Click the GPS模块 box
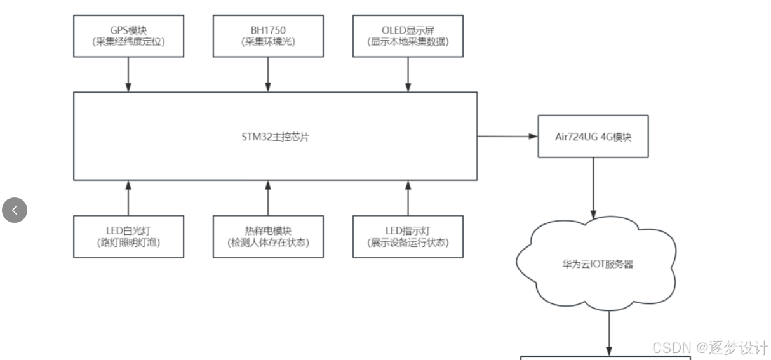coord(129,36)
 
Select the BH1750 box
coord(267,36)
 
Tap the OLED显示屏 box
coord(407,36)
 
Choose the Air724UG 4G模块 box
coord(593,136)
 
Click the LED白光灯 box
coord(128,236)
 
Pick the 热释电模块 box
coord(267,236)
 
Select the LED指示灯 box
coord(408,236)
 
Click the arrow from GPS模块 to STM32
coord(129,74)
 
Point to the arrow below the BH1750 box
coord(267,74)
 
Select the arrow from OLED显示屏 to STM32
coord(407,74)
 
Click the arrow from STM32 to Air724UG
coord(507,137)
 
